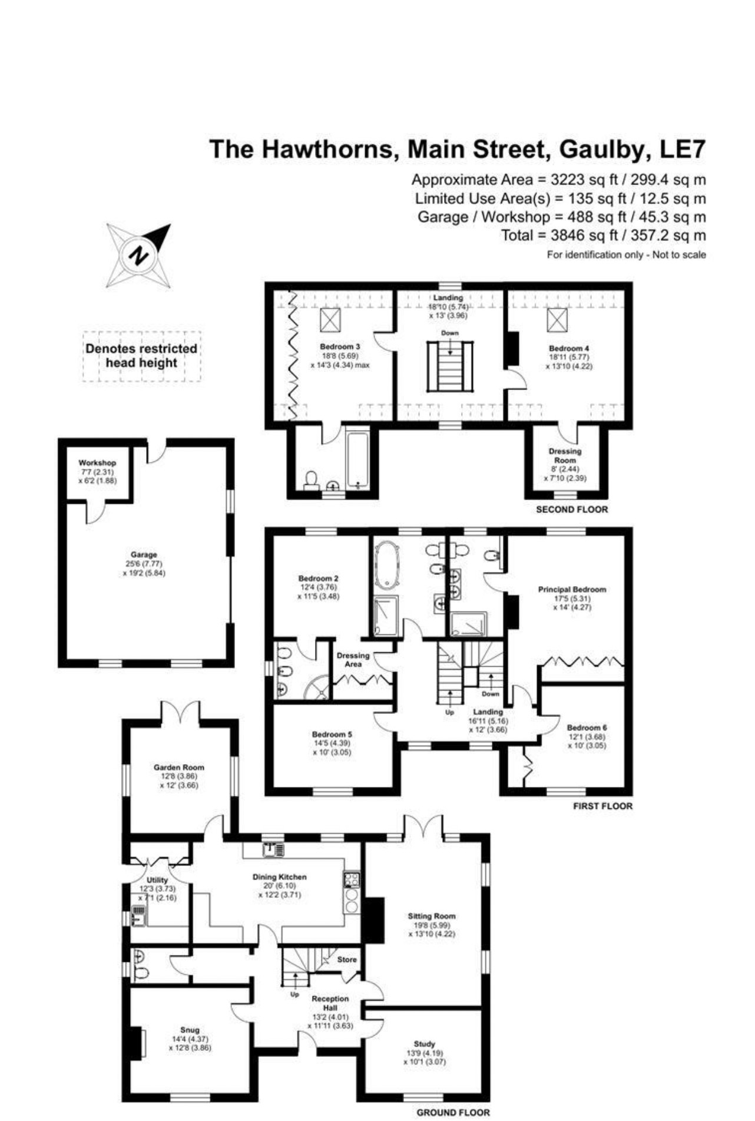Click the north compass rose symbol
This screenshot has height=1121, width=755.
(x=139, y=256)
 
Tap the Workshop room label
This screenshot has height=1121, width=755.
(x=97, y=463)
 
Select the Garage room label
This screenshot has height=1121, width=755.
(x=144, y=555)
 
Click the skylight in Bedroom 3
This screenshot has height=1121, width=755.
(x=330, y=320)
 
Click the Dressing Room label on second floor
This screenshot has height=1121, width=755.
(x=565, y=455)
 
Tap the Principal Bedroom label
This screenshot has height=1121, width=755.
(x=572, y=589)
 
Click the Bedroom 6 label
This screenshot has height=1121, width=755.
(x=587, y=728)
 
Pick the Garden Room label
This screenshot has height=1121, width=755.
(x=179, y=767)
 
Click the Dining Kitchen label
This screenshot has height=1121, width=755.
(x=280, y=877)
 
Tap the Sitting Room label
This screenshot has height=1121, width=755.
(x=432, y=916)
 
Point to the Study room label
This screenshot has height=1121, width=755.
(x=424, y=1043)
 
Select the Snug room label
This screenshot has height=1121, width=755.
(x=190, y=1030)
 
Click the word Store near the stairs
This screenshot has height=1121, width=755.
(x=347, y=959)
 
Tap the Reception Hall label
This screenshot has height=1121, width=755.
(x=330, y=1003)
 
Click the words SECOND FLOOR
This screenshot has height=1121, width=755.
(x=571, y=509)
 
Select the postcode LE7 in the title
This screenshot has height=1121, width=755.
(x=682, y=149)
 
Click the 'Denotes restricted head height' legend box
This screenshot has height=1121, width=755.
(x=141, y=356)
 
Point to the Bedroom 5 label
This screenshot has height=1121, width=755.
(x=332, y=734)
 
